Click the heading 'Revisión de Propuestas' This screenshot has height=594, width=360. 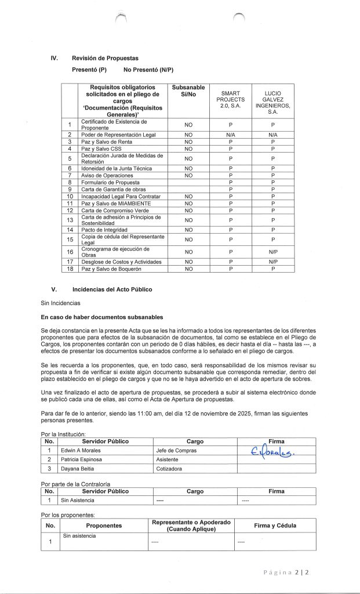pyautogui.click(x=105, y=59)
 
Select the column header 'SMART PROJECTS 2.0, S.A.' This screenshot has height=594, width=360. pyautogui.click(x=230, y=103)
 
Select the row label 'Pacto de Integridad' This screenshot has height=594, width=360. pyautogui.click(x=104, y=230)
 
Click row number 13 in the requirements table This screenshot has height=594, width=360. pyautogui.click(x=70, y=220)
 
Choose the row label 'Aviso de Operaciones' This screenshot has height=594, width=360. pyautogui.click(x=107, y=175)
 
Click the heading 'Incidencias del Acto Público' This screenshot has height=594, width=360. pyautogui.click(x=113, y=289)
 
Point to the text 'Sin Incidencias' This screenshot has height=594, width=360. pyautogui.click(x=60, y=303)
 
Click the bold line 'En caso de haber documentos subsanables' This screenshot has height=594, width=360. pyautogui.click(x=101, y=317)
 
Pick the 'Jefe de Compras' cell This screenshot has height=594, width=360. pyautogui.click(x=176, y=450)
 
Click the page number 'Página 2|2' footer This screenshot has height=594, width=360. pyautogui.click(x=287, y=572)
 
